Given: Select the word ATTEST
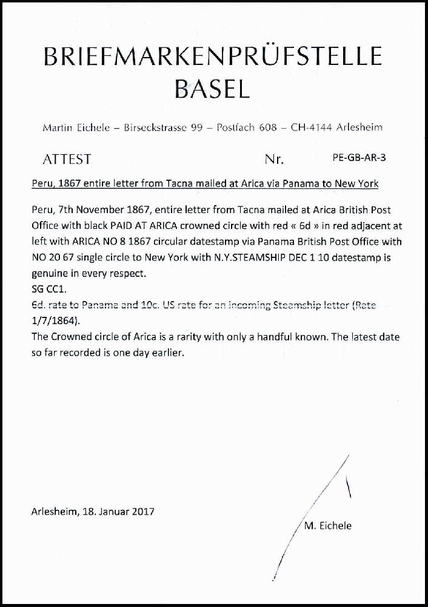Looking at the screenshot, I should [67, 160].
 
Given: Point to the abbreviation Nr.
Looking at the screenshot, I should [275, 160].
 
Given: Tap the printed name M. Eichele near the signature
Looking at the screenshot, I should [326, 526].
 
